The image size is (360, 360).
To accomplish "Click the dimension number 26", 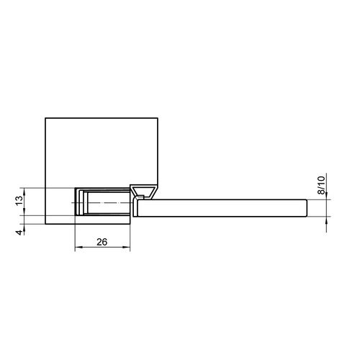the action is [102, 242].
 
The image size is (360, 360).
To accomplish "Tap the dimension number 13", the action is [19, 200].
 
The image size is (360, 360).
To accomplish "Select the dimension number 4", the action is [19, 233].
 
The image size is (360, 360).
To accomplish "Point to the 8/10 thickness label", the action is [321, 185].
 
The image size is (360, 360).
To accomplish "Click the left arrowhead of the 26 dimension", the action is [78, 247].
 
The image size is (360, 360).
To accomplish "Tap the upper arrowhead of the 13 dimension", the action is [24, 192].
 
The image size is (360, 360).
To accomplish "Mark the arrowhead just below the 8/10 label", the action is [326, 196].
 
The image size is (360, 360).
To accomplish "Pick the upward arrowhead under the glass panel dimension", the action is [326, 220].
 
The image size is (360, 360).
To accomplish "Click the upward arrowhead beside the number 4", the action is [24, 228].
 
